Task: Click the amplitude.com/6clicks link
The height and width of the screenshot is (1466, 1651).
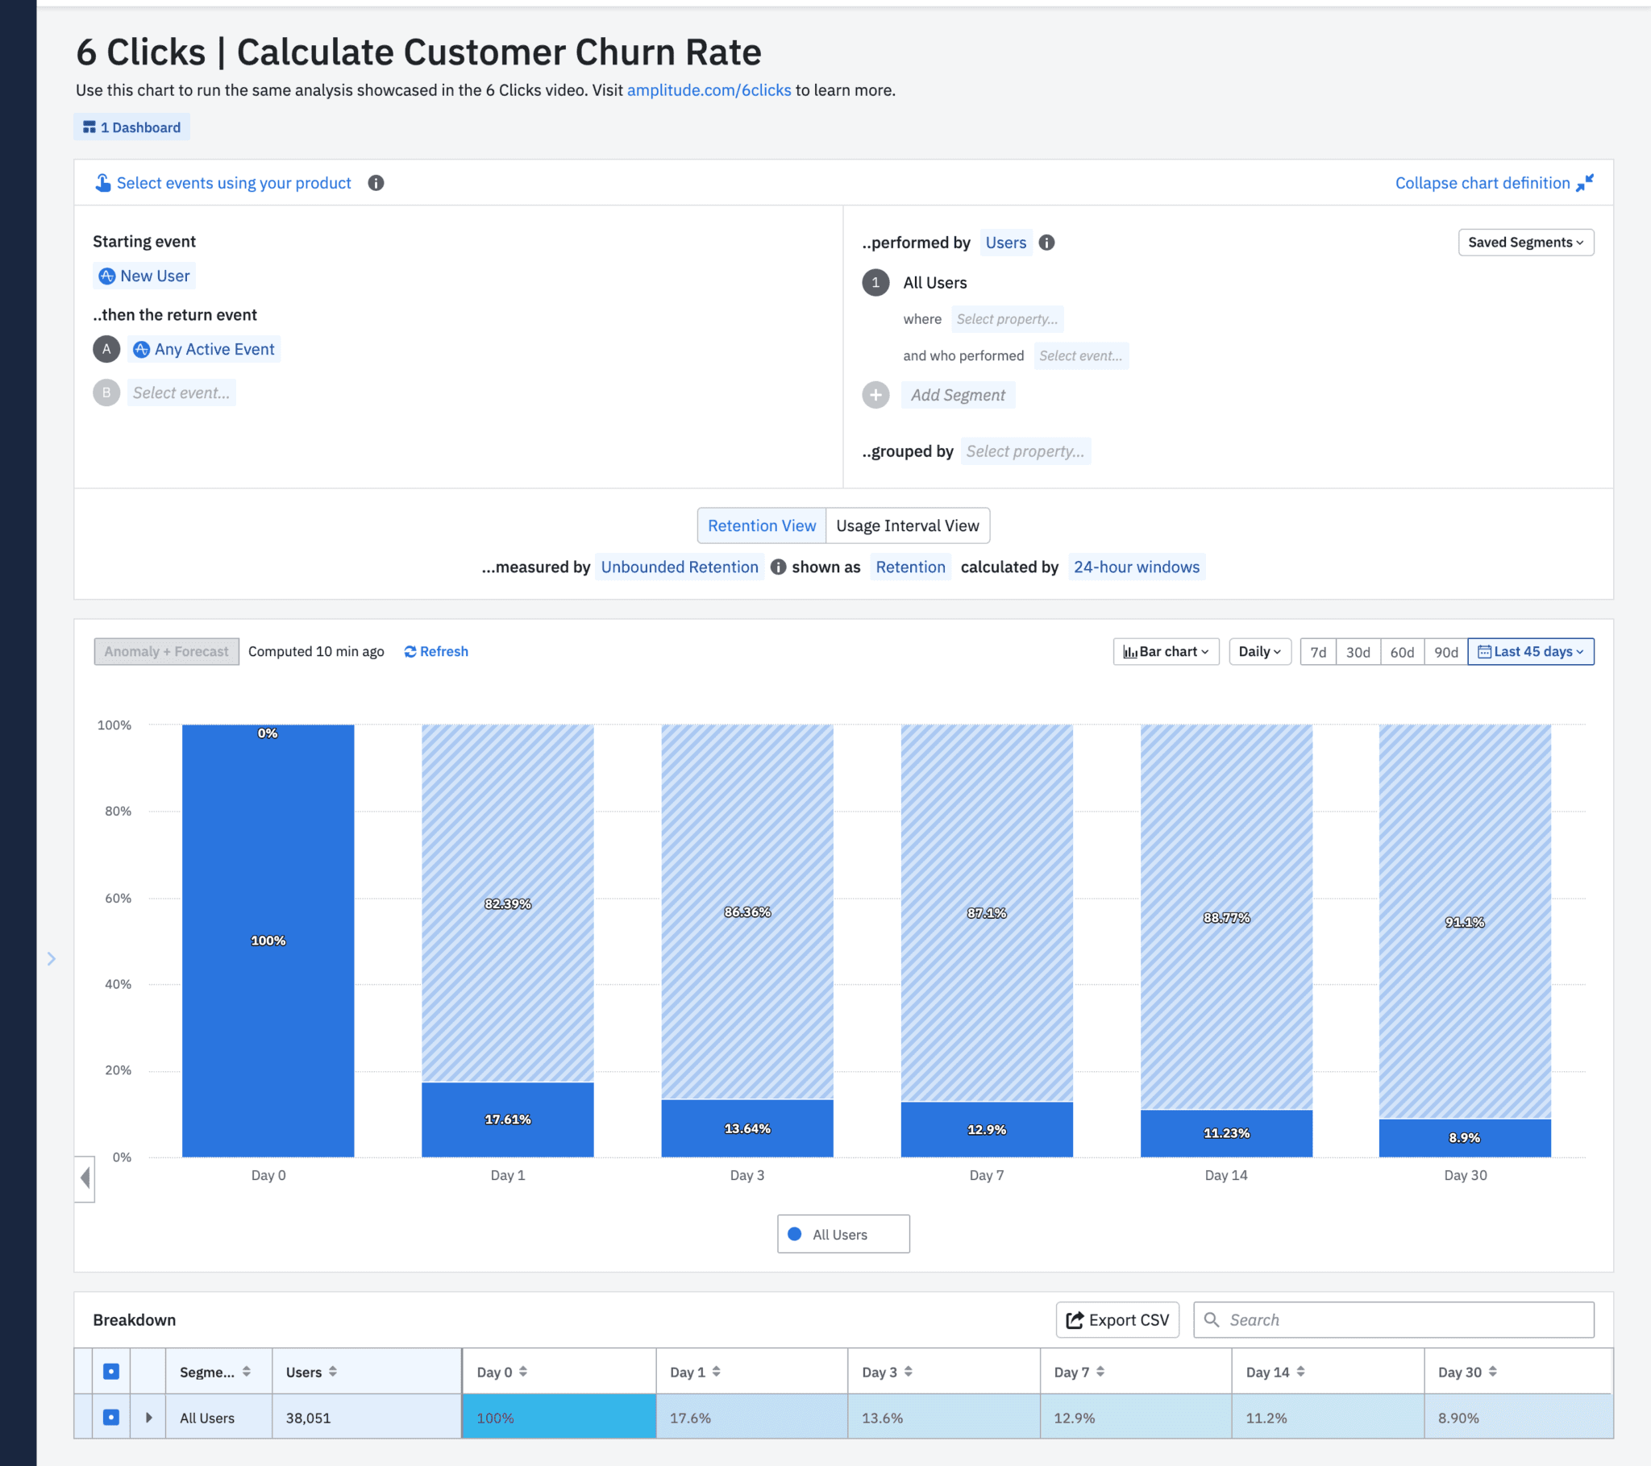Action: pos(709,90)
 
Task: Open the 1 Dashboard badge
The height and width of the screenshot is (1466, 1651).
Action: pos(131,127)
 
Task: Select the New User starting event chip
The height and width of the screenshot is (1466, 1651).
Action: pos(145,276)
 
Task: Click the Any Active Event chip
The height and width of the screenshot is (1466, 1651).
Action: pos(206,349)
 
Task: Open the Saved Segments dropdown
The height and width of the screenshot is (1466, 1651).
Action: pos(1525,243)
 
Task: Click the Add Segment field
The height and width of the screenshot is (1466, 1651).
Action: pos(957,395)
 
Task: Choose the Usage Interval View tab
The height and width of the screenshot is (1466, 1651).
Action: pos(907,525)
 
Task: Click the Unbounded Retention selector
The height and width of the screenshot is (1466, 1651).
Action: pos(679,567)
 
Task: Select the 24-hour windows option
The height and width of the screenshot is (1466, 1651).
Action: pos(1136,567)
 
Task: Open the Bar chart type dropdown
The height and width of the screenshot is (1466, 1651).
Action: pos(1166,652)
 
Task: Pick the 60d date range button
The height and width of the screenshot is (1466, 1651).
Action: pos(1401,652)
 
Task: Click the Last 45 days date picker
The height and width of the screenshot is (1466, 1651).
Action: pos(1530,652)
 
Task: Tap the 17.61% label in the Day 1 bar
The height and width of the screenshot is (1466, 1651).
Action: pos(507,1119)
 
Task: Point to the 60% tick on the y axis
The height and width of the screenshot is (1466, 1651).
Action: pos(118,898)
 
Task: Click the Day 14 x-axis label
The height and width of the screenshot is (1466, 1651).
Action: pos(1225,1175)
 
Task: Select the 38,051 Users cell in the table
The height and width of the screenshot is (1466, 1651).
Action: pos(308,1418)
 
